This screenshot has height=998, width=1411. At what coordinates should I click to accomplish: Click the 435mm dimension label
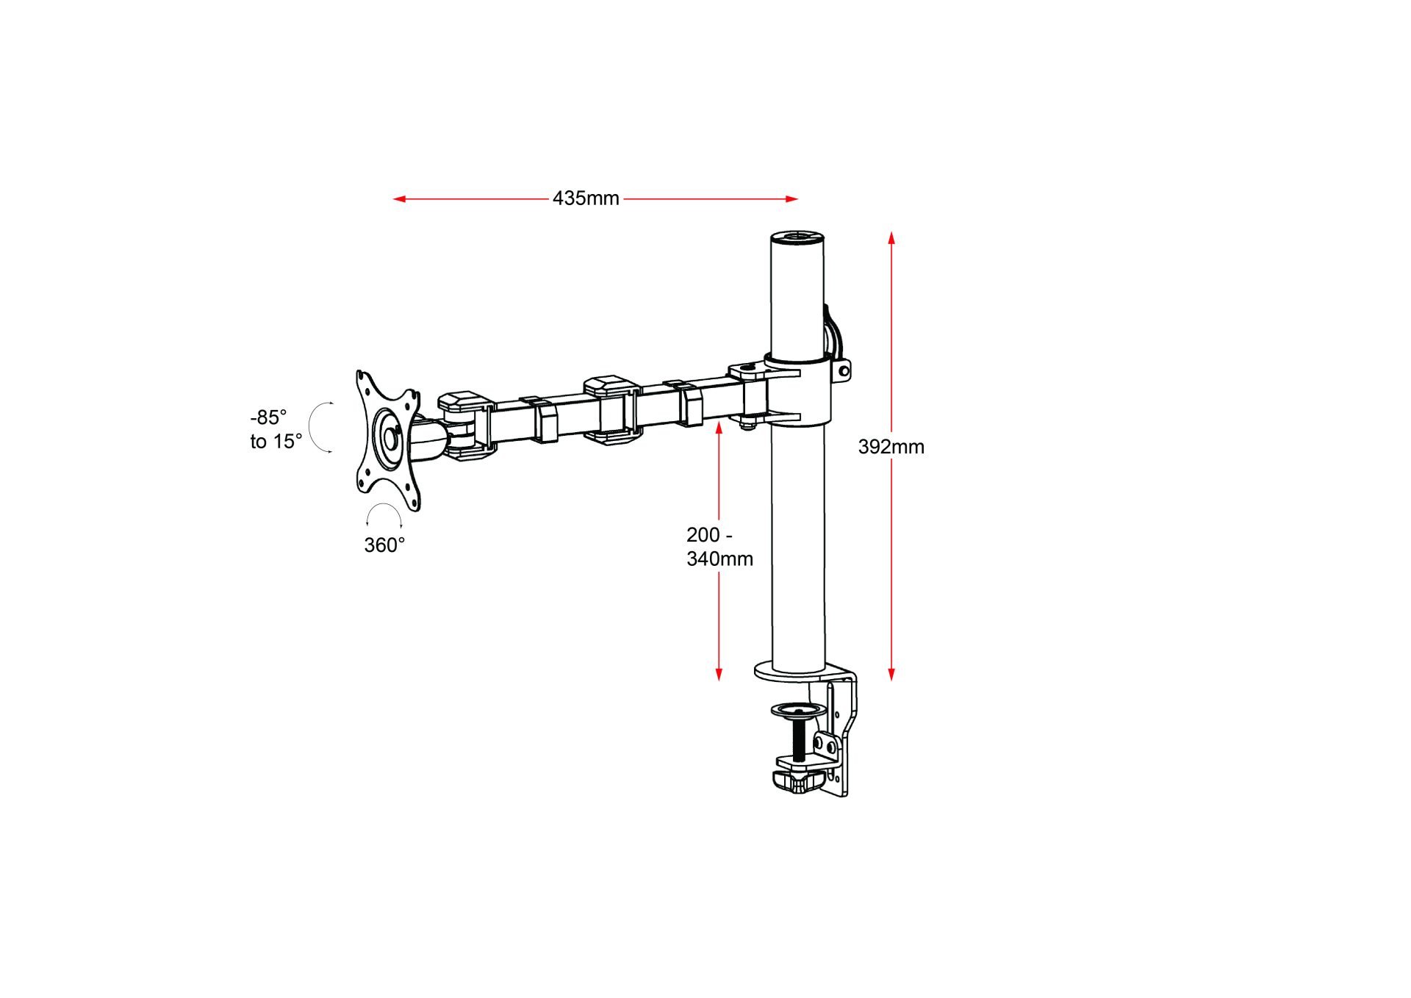pos(586,198)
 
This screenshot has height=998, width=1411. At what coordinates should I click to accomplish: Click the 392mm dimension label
pos(891,447)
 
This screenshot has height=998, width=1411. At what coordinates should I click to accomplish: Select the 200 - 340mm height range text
pos(719,547)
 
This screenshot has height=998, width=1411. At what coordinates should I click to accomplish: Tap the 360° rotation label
pos(384,545)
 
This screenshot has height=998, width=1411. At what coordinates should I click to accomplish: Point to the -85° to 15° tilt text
pos(276,429)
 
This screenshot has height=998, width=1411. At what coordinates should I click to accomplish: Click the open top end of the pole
pos(797,237)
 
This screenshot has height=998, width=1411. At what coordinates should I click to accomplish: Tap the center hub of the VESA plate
pos(389,438)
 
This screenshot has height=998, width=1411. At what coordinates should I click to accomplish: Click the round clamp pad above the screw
pos(798,711)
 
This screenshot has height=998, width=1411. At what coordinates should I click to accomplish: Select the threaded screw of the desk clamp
pos(798,739)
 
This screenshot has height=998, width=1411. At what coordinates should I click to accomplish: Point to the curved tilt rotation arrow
pos(317,427)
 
